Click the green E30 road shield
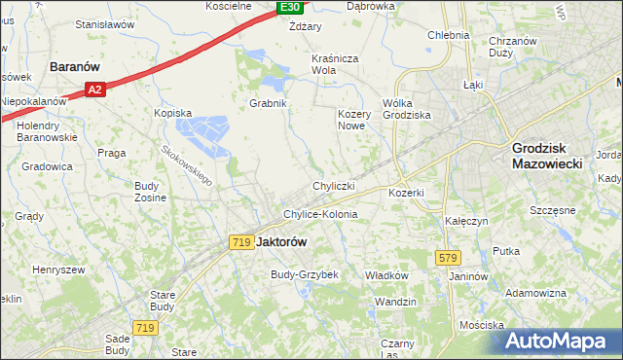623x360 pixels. [x=289, y=8]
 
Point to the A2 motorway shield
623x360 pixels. [x=93, y=90]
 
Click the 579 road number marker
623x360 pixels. [x=448, y=257]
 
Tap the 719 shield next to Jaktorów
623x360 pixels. [x=242, y=241]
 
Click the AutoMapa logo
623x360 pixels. [x=560, y=342]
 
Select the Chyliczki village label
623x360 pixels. [x=333, y=185]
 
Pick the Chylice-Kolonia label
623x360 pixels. [x=320, y=214]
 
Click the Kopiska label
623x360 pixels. [x=172, y=113]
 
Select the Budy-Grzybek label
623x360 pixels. [x=304, y=274]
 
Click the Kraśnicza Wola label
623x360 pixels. [x=337, y=64]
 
